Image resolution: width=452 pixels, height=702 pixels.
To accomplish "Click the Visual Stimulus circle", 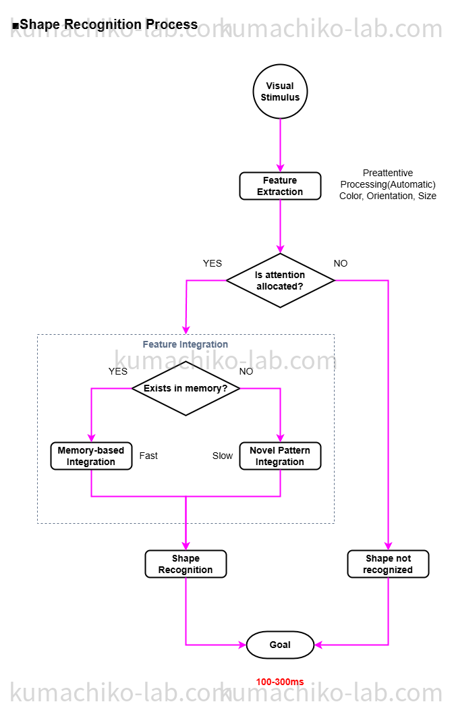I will tap(280, 92).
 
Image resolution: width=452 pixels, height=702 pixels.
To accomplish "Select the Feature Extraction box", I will tap(280, 186).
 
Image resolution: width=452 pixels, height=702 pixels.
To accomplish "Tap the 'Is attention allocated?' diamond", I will tap(280, 281).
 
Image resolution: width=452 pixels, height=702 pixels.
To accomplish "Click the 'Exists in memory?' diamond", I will tap(186, 389).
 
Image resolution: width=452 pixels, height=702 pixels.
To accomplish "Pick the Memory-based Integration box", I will tap(91, 456).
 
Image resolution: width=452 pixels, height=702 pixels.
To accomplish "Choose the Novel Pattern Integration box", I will tap(280, 456).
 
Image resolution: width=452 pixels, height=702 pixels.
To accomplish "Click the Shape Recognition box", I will tap(186, 564).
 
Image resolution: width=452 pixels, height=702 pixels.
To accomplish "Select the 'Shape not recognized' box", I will tap(388, 564).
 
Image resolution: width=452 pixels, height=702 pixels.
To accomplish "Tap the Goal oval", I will tap(280, 645).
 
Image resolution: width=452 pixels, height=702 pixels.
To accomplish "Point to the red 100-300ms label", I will tap(280, 682).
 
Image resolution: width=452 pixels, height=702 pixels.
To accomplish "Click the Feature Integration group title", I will tap(186, 344).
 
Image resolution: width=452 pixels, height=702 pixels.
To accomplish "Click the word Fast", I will tap(148, 456).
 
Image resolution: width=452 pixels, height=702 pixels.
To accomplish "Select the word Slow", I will tap(223, 456).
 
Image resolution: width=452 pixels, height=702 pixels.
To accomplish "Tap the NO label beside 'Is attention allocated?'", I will tap(341, 263).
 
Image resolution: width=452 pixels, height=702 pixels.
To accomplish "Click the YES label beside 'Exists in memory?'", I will tap(118, 371).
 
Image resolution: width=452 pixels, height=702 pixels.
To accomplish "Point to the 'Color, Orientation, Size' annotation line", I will tap(388, 196).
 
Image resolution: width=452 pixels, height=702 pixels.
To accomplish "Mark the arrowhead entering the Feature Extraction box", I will tap(280, 168).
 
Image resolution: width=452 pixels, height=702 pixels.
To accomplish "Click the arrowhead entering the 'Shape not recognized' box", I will tap(388, 546).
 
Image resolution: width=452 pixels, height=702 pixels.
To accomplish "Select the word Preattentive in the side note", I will tap(388, 173).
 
